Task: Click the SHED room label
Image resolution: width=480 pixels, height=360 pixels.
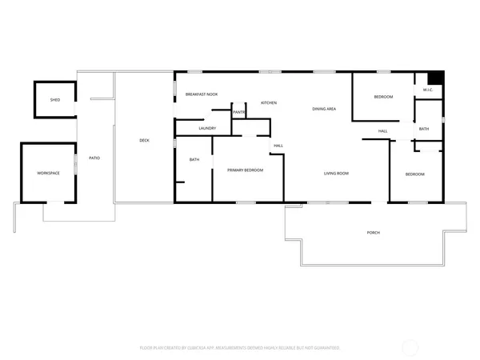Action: click(x=55, y=100)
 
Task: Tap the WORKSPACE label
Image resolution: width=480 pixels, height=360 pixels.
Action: click(x=49, y=173)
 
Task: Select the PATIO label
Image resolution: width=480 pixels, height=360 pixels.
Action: click(x=94, y=158)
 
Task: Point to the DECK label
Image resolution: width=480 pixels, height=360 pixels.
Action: click(x=144, y=141)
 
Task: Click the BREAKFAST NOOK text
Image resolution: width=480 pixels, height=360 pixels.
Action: click(x=202, y=94)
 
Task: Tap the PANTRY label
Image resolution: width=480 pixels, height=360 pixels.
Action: click(x=239, y=112)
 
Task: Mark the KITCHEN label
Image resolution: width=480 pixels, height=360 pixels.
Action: click(x=269, y=103)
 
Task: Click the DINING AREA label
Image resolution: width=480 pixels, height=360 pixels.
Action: click(x=324, y=109)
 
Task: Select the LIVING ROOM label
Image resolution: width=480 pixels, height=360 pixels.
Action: click(x=336, y=174)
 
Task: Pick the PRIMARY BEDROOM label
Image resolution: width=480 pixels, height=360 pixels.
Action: click(x=245, y=170)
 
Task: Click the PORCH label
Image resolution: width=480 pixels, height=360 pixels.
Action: click(x=373, y=233)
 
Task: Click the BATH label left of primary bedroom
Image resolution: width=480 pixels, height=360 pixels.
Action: click(x=194, y=160)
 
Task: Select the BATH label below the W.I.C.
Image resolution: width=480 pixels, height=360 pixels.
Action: click(x=423, y=129)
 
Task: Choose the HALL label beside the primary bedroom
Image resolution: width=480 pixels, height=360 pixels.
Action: click(x=278, y=146)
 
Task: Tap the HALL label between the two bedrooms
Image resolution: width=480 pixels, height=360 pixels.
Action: click(x=383, y=131)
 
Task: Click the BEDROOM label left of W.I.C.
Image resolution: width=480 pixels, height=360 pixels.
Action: click(x=383, y=97)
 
